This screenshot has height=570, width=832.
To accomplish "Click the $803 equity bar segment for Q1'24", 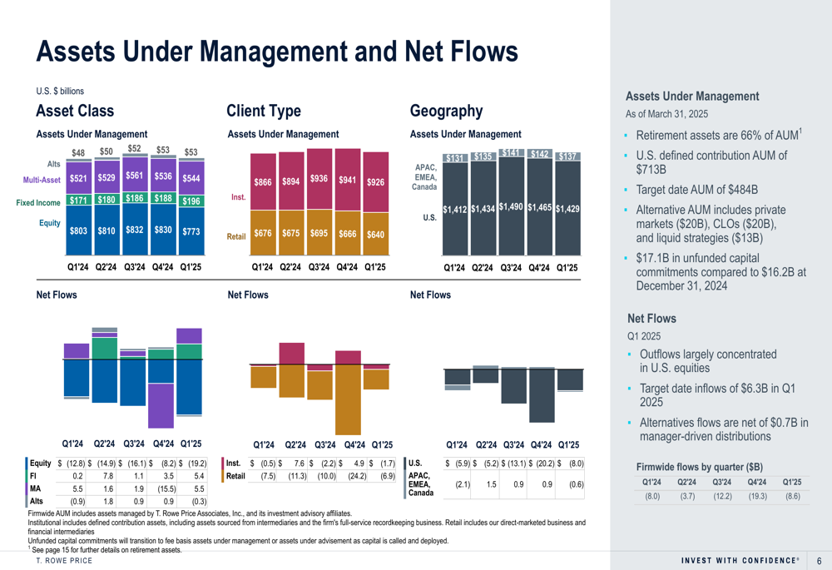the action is coord(78,230).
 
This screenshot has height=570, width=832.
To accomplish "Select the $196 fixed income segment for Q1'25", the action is coord(191,201).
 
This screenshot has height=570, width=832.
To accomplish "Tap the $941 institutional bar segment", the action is coord(348,180).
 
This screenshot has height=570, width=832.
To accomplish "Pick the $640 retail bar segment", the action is coord(376,234).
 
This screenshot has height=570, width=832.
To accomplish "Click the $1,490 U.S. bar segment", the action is coord(511,206).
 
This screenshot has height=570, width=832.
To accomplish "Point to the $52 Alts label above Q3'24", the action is coord(134,149).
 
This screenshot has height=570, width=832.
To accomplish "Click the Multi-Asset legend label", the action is coord(42,180).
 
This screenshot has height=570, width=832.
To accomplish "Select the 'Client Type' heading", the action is coord(264,111).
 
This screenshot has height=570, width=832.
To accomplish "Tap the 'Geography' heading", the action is coord(446,111).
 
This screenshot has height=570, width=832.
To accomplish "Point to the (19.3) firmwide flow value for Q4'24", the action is coord(757,497).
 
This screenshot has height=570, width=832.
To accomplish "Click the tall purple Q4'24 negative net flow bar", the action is coord(161,405).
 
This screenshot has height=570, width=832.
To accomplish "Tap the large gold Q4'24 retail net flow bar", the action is coord(348,399).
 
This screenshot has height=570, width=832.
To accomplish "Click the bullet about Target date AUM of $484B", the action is coord(696,190).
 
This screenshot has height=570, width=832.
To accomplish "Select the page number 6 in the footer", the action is coord(820,561).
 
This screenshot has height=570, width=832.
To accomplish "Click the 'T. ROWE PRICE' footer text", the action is coord(64,561).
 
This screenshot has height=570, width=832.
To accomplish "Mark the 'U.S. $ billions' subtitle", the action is coord(60,92).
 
